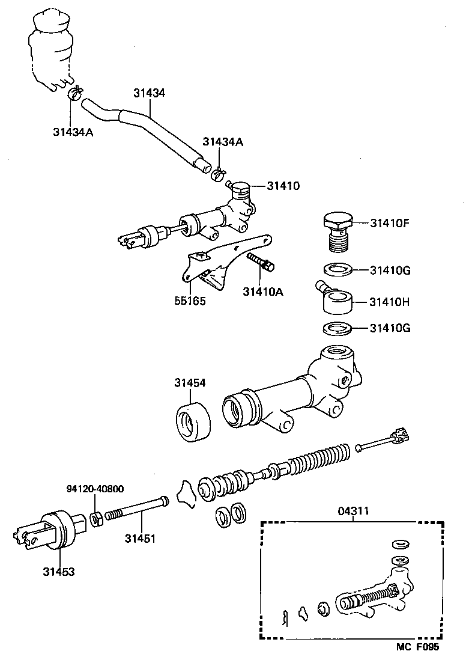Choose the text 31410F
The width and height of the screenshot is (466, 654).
[390, 223]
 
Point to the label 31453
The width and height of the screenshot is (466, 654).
[58, 571]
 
